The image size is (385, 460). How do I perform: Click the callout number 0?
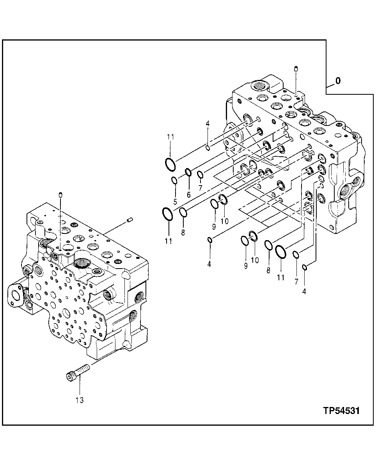(338, 81)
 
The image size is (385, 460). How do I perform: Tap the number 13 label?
(80, 400)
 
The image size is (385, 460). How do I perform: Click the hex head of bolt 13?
(70, 377)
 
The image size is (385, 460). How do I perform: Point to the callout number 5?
(175, 202)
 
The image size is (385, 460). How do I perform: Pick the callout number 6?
(189, 195)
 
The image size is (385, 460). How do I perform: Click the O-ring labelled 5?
(175, 180)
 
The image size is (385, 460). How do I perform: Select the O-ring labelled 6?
(188, 172)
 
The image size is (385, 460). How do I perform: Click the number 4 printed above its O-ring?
(208, 124)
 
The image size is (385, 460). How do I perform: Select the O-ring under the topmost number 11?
(170, 164)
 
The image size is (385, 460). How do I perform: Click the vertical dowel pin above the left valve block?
(60, 195)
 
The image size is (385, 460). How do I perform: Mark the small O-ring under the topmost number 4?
(208, 147)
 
